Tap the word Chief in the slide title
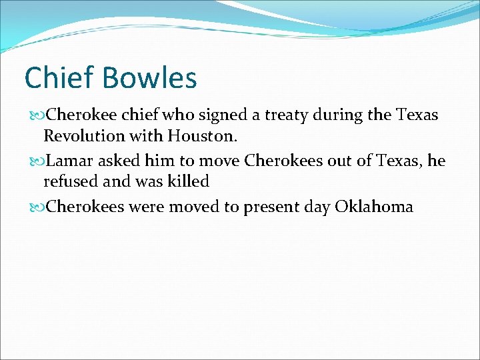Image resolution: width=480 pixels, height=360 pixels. pos(59,77)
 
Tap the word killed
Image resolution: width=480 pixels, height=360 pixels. pos(189,181)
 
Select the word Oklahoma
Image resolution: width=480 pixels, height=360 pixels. pos(374,207)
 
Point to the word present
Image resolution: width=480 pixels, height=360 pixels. pos(271,207)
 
